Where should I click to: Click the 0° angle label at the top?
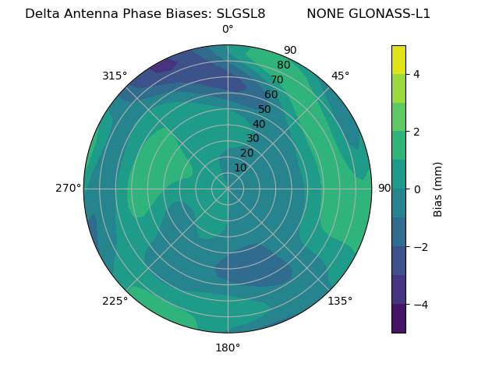click(228, 30)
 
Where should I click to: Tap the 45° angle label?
click(340, 76)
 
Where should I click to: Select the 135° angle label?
click(340, 301)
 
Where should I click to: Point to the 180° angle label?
click(228, 348)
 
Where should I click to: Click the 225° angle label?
click(115, 301)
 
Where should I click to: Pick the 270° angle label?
click(68, 188)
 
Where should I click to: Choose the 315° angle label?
click(115, 76)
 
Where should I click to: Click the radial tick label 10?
click(240, 168)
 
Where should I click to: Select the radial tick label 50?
click(265, 109)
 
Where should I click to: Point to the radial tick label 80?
click(283, 65)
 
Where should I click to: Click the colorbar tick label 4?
click(416, 74)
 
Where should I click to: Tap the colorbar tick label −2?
click(419, 247)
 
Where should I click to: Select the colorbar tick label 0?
click(416, 189)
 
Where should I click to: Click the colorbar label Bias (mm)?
click(438, 189)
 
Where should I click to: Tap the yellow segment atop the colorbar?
click(398, 59)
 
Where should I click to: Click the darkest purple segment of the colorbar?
click(398, 319)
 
